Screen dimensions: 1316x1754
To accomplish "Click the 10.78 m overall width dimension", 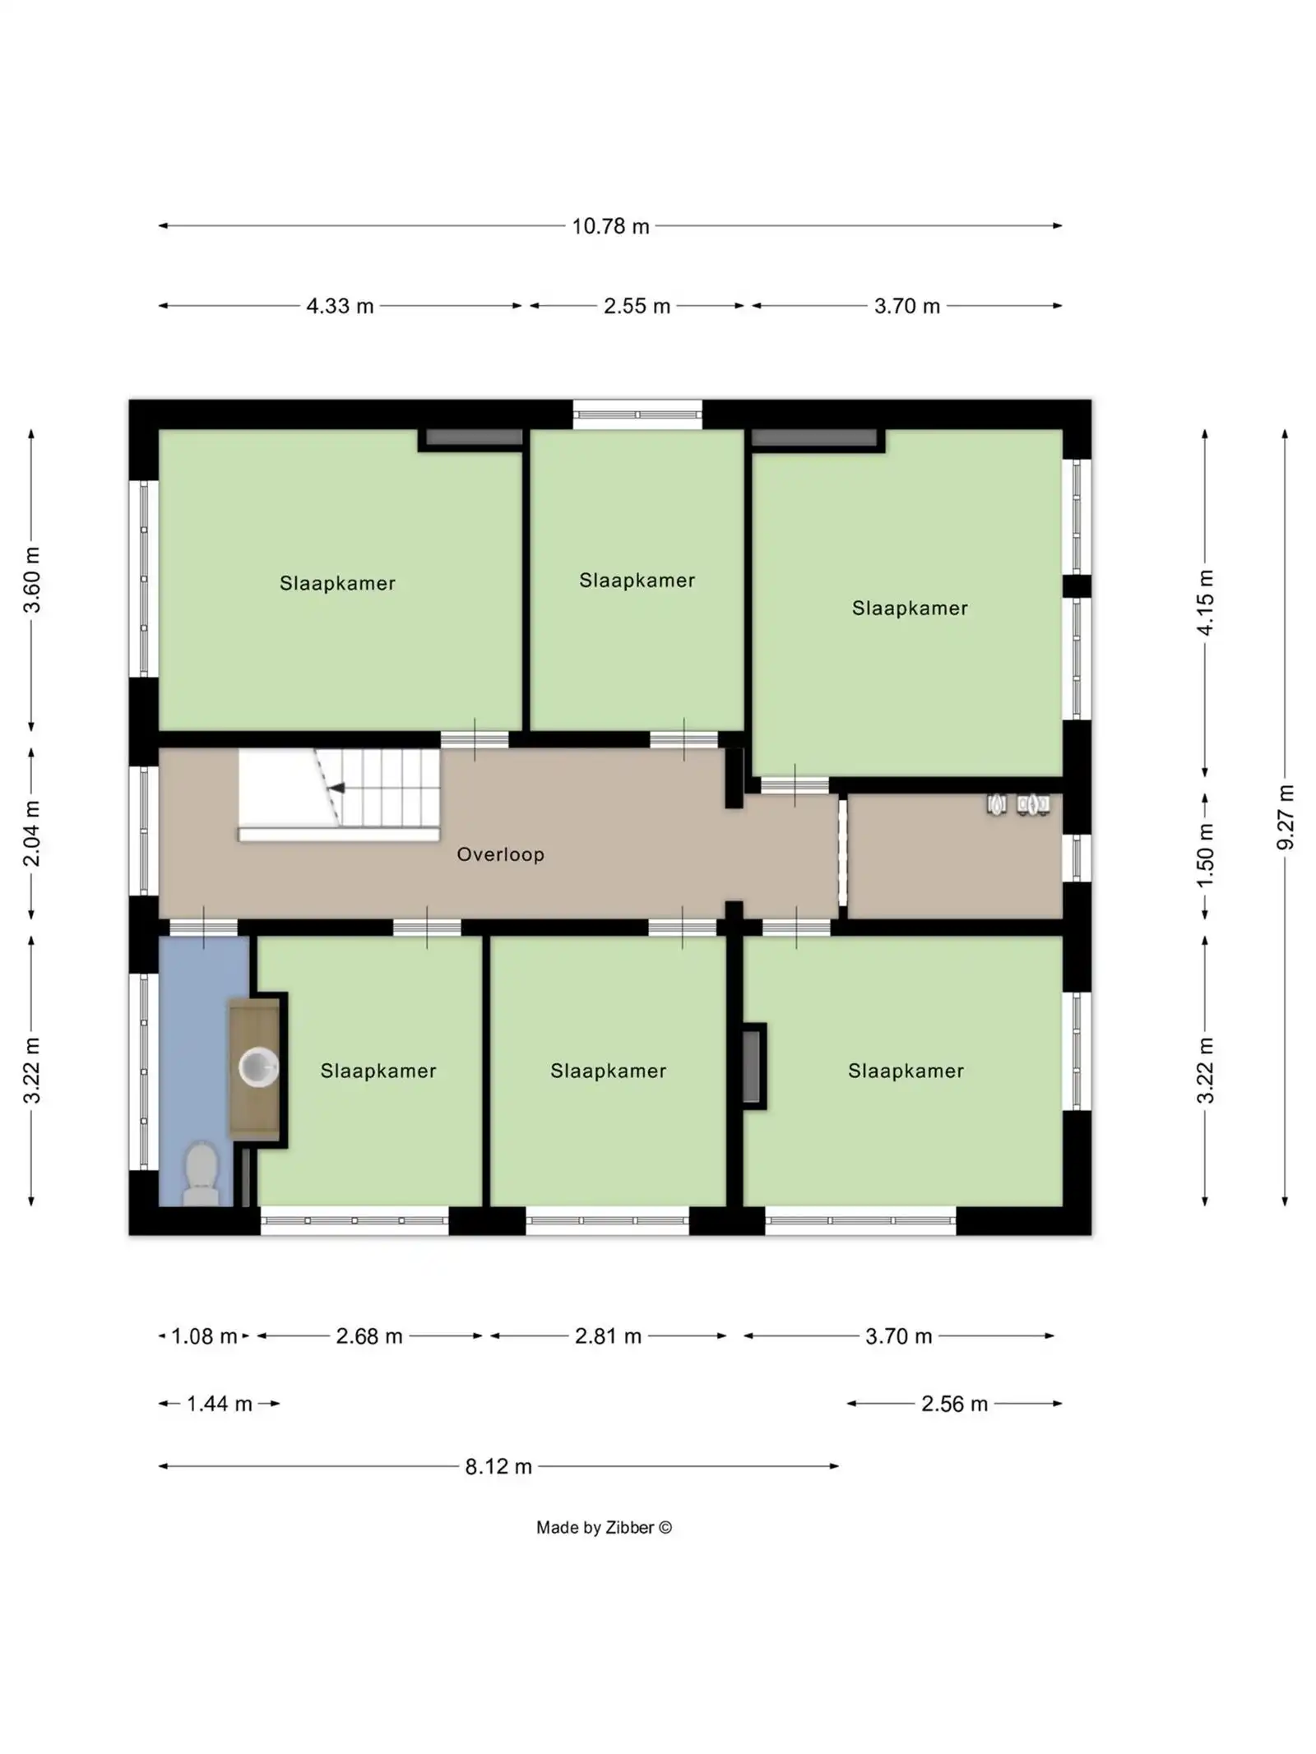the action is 610,226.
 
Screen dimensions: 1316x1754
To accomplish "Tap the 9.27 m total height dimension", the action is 1285,817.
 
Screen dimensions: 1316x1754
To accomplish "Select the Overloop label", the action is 500,854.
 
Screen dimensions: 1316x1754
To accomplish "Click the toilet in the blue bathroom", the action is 201,1173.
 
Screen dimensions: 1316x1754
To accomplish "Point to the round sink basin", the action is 258,1067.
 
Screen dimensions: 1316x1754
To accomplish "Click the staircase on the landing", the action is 339,794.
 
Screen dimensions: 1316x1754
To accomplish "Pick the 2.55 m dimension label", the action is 637,306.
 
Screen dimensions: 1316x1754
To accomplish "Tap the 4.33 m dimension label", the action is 340,306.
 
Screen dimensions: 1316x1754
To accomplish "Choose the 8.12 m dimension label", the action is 498,1466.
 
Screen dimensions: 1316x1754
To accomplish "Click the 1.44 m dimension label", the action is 219,1403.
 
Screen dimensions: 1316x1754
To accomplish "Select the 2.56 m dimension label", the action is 954,1403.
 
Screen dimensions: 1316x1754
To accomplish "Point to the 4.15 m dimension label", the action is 1205,603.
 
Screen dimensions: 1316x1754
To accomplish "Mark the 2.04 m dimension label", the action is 31,834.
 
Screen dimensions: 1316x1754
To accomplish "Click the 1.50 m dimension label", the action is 1205,856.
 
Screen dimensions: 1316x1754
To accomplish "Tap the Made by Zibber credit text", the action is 604,1527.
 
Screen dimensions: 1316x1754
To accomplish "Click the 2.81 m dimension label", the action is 608,1335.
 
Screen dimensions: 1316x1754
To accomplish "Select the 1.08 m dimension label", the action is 204,1335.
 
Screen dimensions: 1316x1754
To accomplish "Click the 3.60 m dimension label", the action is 31,580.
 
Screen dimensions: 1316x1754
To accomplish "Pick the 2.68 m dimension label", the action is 369,1335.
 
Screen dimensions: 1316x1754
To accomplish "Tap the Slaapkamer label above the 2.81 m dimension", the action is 608,1071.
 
